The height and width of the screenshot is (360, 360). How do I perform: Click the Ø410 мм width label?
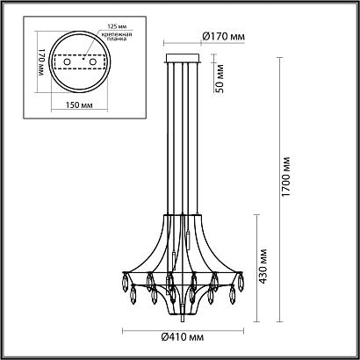click(185, 337)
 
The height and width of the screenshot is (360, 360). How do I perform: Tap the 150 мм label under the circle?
click(82, 105)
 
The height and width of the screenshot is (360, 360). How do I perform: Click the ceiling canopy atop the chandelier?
click(184, 56)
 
